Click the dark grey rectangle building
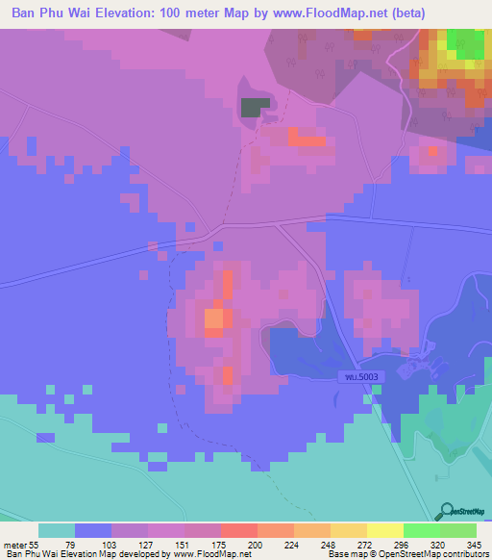[252, 108]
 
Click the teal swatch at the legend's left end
[56, 530]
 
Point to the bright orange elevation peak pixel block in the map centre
[213, 318]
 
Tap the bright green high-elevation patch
[466, 44]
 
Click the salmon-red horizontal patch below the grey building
[307, 140]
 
